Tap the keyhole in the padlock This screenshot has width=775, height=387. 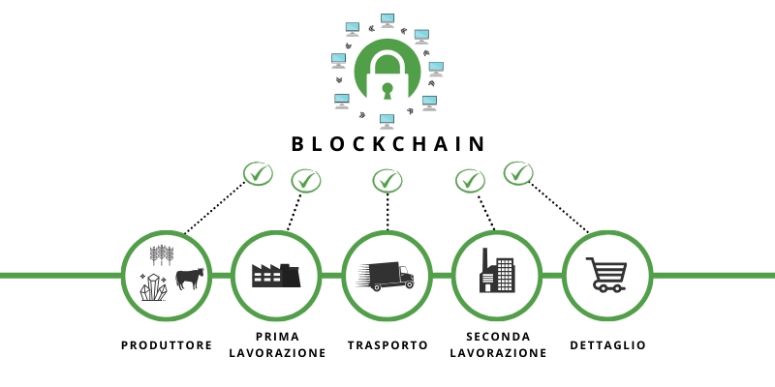(387, 91)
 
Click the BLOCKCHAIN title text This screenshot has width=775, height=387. (388, 143)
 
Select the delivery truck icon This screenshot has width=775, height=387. (387, 276)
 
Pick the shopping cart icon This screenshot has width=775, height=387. (607, 275)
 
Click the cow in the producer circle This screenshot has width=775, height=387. (190, 279)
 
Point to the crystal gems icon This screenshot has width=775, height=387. (154, 287)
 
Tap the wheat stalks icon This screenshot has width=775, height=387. (162, 254)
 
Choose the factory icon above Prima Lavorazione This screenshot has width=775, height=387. (276, 276)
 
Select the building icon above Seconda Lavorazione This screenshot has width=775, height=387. (497, 270)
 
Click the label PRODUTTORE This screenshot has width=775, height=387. (167, 345)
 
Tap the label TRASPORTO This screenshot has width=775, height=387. (387, 345)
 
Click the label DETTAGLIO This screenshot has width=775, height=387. (608, 345)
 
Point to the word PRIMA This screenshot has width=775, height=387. (277, 337)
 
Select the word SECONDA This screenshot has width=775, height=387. (498, 337)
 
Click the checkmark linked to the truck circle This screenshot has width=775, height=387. (387, 181)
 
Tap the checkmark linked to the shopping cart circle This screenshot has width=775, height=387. (518, 173)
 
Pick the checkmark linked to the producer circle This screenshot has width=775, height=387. (258, 174)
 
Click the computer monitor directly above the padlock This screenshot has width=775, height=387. (387, 20)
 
